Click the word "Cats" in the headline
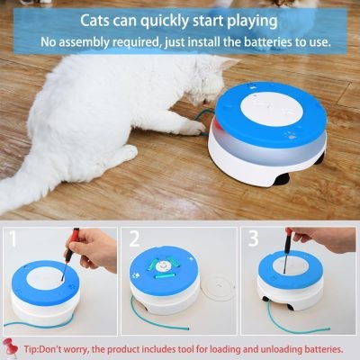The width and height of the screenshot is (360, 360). [x=102, y=19]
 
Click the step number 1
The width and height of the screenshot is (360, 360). [x=15, y=240]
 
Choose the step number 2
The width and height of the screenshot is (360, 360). [x=135, y=240]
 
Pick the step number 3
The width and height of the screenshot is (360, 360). [x=255, y=240]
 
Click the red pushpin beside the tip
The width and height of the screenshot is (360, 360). [x=14, y=347]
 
